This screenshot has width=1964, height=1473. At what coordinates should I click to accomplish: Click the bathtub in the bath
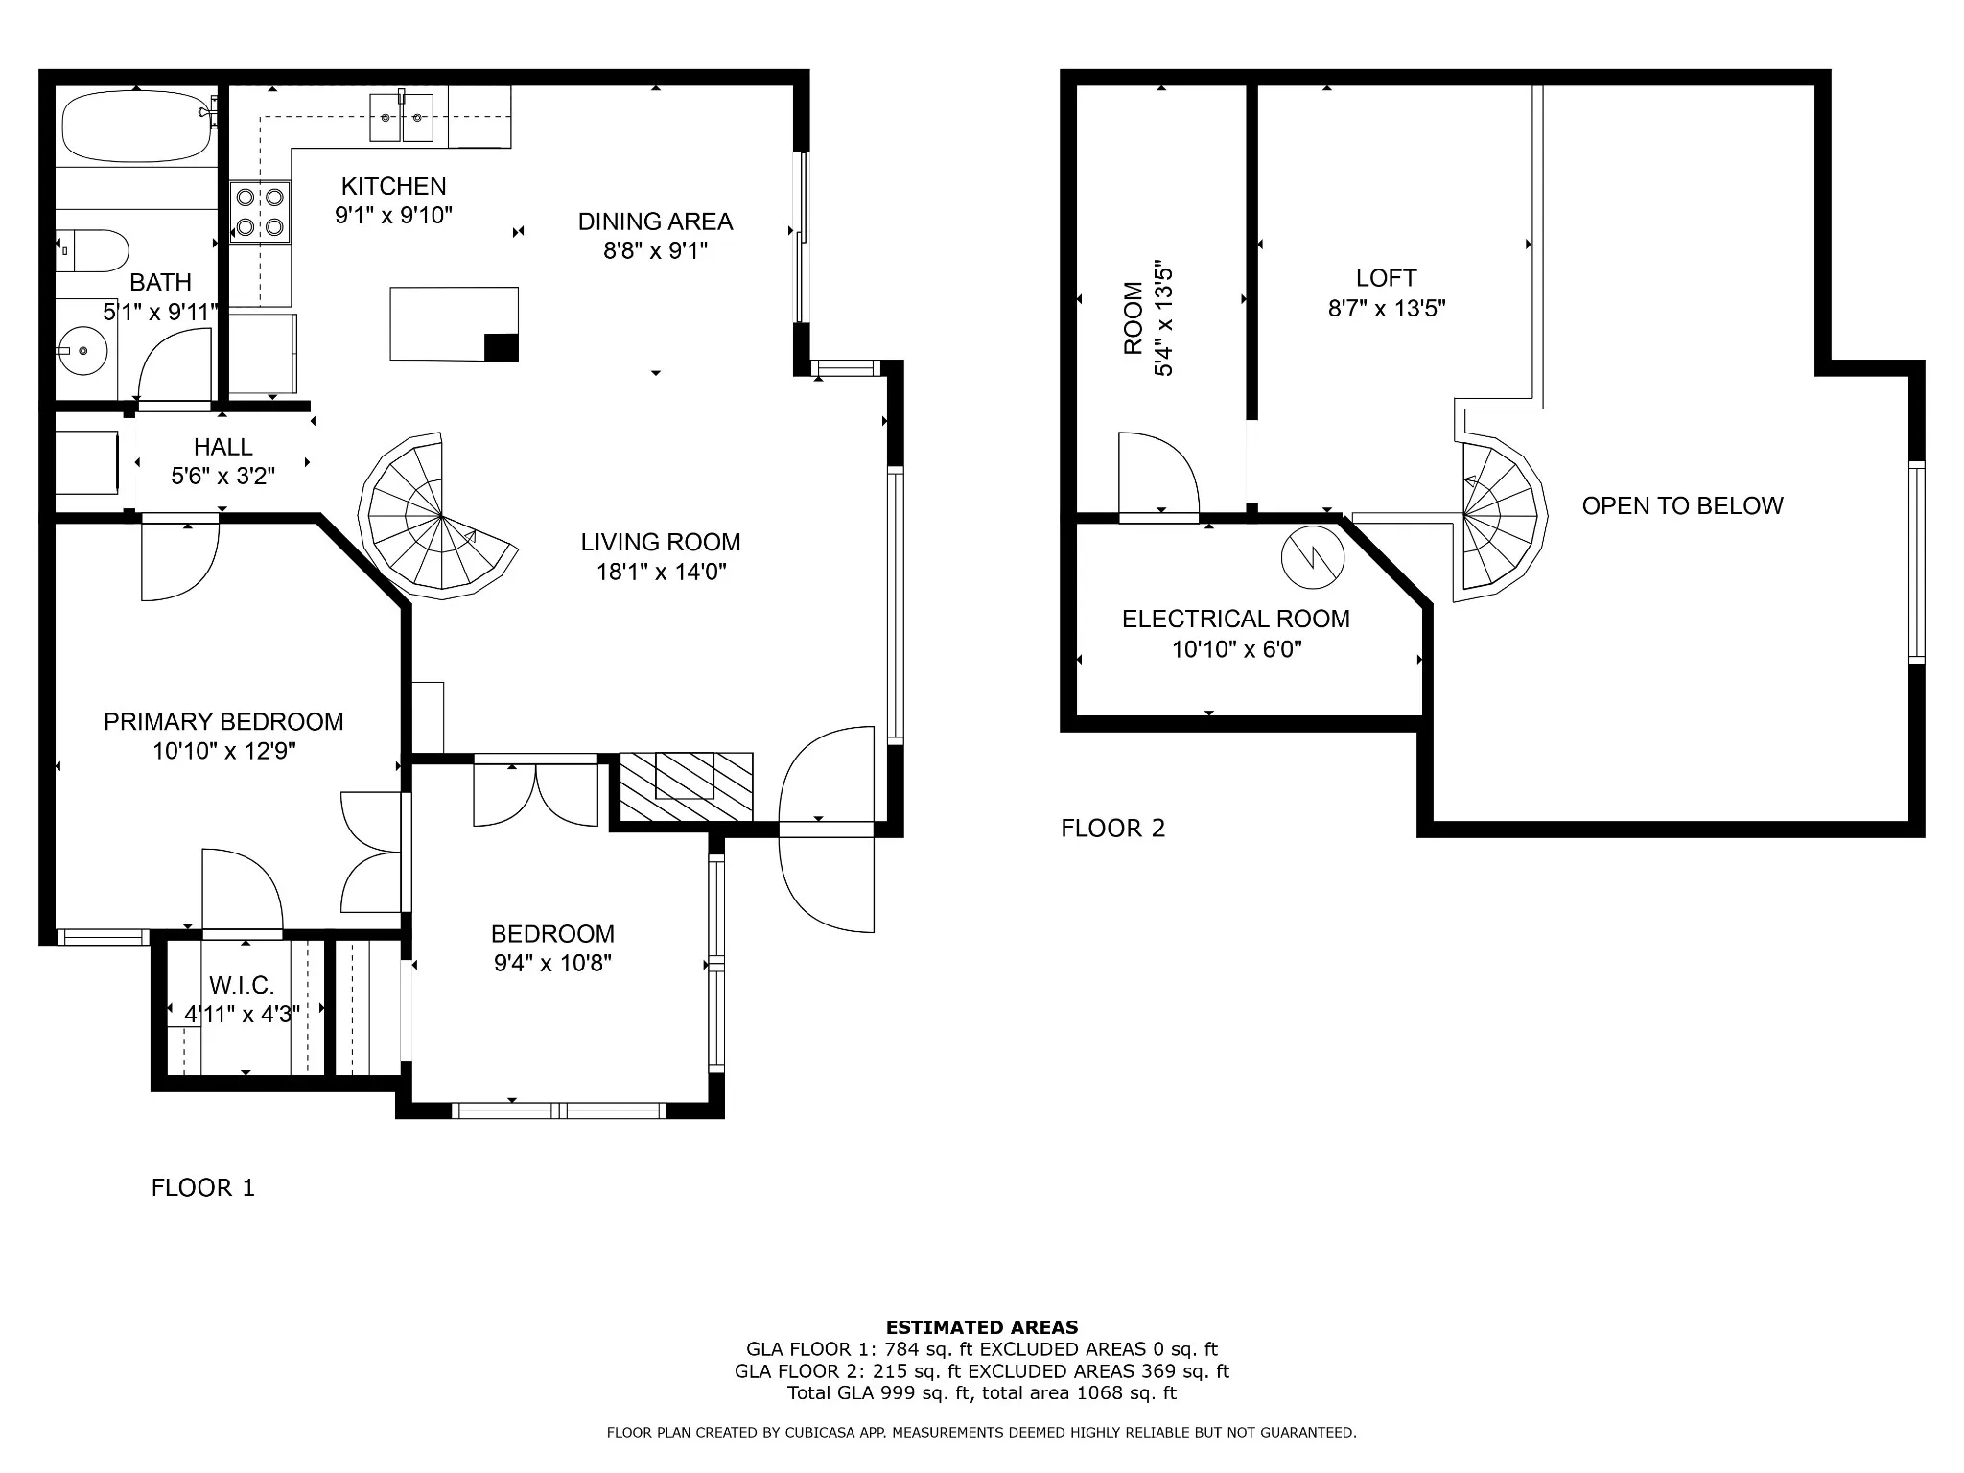(136, 127)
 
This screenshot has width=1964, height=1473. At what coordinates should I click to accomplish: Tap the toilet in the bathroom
(92, 251)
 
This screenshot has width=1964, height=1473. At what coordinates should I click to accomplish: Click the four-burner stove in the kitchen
(260, 212)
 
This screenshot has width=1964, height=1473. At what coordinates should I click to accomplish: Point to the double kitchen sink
(402, 118)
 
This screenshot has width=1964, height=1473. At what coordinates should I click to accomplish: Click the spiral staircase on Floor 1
(438, 517)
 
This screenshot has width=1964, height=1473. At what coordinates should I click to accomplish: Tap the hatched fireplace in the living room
(686, 787)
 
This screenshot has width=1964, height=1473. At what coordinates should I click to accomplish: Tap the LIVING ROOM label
(661, 543)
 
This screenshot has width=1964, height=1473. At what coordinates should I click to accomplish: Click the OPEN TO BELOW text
(1682, 506)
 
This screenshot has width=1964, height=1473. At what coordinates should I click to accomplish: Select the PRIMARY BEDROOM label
(223, 722)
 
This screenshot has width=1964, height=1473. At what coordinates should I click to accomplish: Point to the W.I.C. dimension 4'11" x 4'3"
(243, 1015)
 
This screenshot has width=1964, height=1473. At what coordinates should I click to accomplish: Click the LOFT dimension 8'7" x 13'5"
(1387, 309)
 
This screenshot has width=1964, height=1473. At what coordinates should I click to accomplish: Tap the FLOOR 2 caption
(1112, 829)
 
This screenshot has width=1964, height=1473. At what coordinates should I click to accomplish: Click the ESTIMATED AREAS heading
(982, 1328)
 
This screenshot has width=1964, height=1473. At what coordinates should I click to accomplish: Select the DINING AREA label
(655, 222)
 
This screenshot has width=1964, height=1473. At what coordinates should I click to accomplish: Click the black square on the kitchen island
(502, 347)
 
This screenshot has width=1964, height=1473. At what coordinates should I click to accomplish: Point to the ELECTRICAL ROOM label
(1236, 620)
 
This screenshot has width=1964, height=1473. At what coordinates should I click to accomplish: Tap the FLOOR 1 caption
(203, 1188)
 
